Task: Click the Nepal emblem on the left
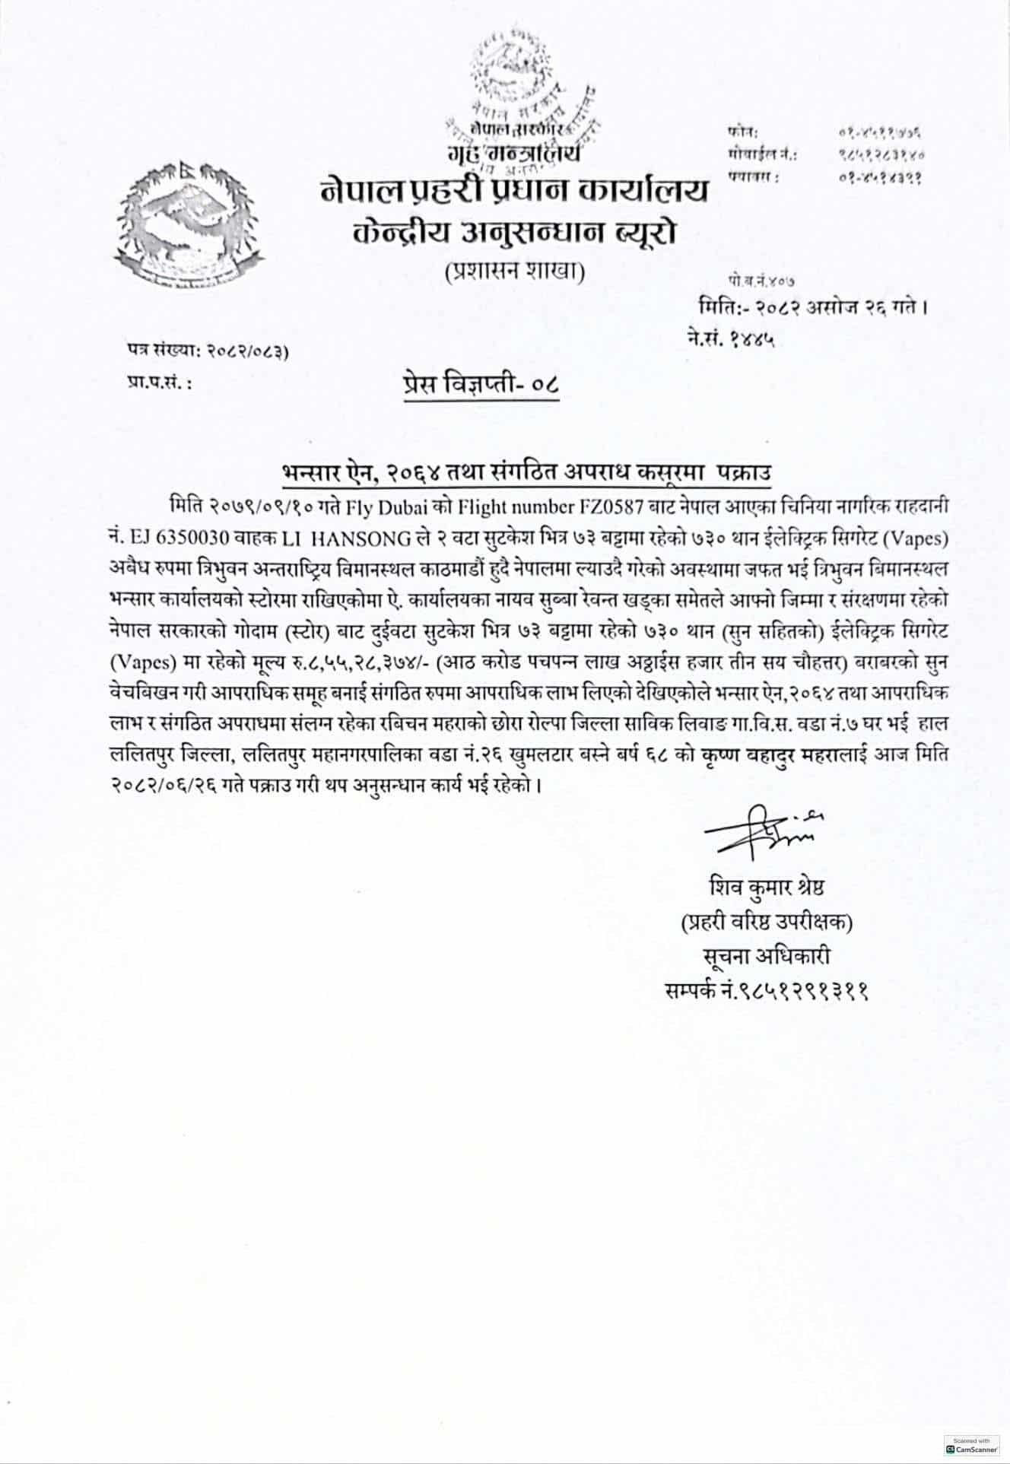[x=186, y=221]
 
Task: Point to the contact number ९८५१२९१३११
[x=767, y=991]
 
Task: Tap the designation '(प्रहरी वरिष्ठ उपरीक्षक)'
[x=767, y=923]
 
